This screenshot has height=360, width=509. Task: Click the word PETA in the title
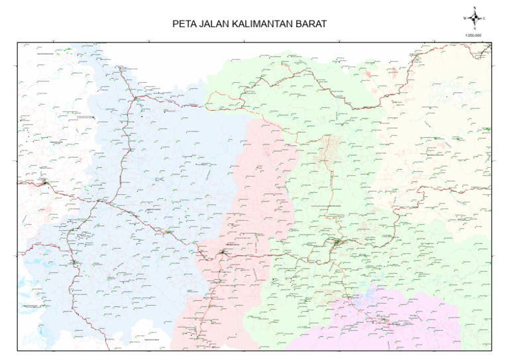point(183,25)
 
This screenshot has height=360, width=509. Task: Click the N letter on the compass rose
point(475,7)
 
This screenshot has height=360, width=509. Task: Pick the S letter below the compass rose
point(475,29)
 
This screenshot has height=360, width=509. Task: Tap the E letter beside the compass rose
point(484,18)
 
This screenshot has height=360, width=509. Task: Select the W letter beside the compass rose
point(465,18)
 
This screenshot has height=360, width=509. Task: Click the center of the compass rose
point(475,18)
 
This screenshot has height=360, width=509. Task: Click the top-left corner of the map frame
point(18,42)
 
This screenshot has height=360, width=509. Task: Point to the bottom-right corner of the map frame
point(491,350)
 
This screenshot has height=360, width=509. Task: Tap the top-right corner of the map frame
point(491,42)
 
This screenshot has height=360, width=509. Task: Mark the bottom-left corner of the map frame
point(18,350)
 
